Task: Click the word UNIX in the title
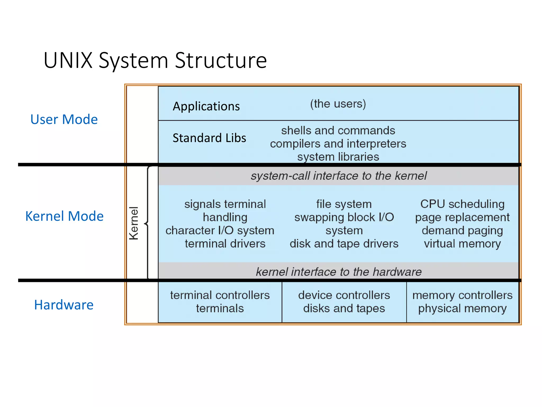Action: click(68, 61)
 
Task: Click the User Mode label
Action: click(64, 119)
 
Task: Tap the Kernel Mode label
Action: click(64, 216)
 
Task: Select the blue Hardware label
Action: click(64, 305)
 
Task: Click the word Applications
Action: click(206, 106)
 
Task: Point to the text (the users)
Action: click(338, 104)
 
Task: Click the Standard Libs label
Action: click(209, 138)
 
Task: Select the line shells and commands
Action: click(338, 130)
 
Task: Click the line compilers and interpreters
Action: click(338, 144)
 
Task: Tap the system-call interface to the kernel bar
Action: click(338, 176)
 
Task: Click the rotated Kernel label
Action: click(134, 223)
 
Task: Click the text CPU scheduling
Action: click(462, 204)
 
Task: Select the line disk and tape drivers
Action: click(344, 244)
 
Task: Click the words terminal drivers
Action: click(225, 244)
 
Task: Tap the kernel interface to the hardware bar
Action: click(338, 272)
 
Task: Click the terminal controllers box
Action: click(220, 302)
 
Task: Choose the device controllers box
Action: click(344, 302)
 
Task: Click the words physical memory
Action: click(462, 308)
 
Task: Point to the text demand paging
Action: click(462, 230)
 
